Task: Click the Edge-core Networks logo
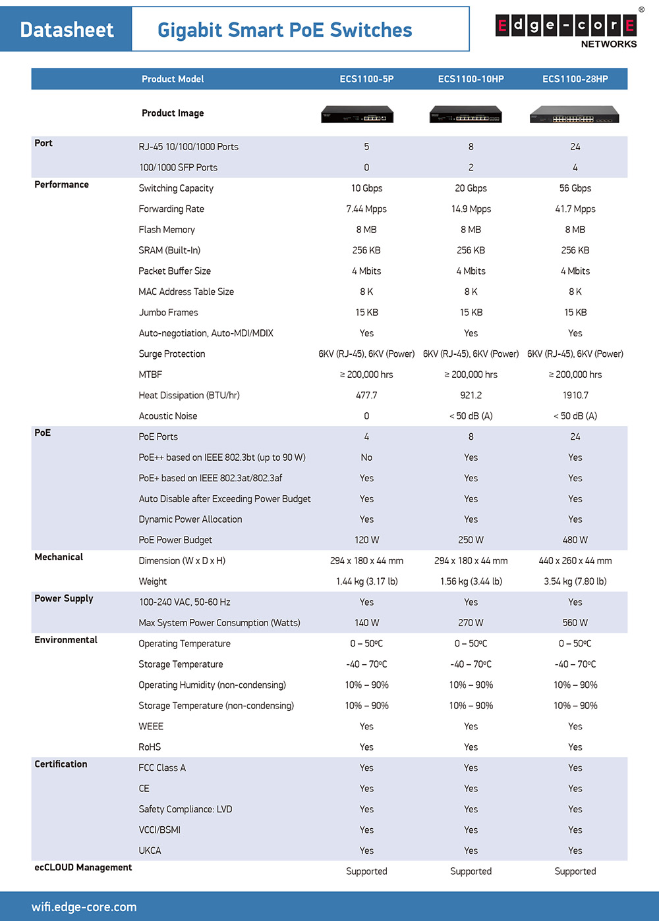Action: point(566,30)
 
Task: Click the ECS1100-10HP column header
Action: point(471,79)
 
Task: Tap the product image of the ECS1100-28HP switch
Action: point(575,115)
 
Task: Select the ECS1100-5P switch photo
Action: point(357,115)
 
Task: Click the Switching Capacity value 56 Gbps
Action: point(575,188)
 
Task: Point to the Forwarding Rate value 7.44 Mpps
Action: point(366,209)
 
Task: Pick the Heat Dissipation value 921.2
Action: point(471,395)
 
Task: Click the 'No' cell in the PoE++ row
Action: point(366,458)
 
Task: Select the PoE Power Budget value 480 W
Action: point(575,540)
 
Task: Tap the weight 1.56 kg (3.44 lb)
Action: point(471,581)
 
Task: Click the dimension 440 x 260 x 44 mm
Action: point(575,561)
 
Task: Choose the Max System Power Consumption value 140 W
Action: point(366,623)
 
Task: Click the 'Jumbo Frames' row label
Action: point(168,313)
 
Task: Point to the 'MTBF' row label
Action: point(150,375)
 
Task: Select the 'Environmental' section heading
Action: point(66,640)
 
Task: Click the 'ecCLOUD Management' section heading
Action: point(83,868)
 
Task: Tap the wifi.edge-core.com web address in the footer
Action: point(84,907)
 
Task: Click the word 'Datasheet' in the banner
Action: point(67,30)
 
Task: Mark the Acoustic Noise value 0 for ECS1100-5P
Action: point(366,416)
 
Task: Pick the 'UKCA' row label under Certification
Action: point(150,851)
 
